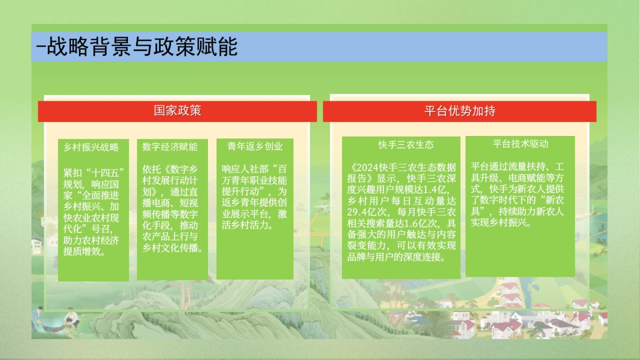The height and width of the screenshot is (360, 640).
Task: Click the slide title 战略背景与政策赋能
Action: pos(142,47)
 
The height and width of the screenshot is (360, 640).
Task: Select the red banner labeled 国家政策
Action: pos(177,111)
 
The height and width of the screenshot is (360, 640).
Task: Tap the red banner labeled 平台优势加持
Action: pos(460,111)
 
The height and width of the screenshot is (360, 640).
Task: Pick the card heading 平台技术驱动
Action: pos(521,143)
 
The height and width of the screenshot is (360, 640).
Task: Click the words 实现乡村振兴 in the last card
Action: pos(499,223)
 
